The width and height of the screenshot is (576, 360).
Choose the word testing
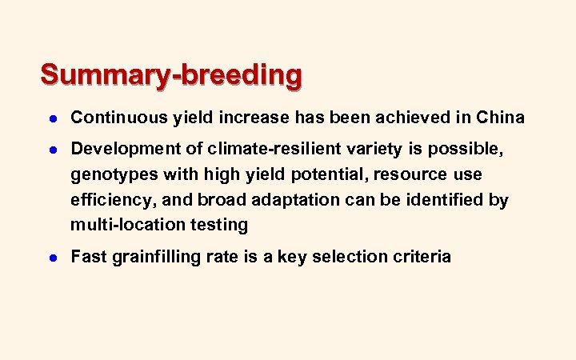(220, 225)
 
